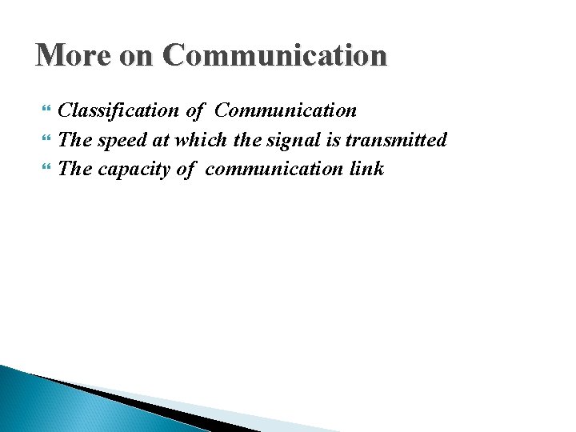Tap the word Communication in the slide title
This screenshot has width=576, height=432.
[274, 55]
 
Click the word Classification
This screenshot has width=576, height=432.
[118, 110]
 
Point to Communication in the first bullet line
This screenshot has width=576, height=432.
[286, 110]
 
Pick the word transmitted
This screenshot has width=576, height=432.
[396, 140]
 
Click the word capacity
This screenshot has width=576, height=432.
[133, 169]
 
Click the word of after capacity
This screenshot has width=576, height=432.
[184, 169]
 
